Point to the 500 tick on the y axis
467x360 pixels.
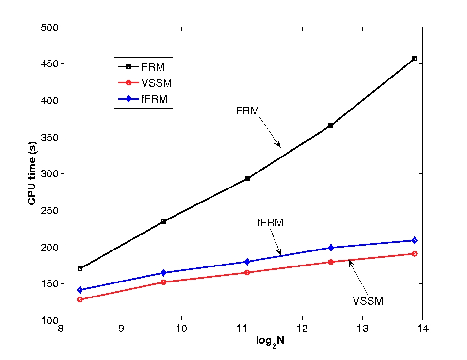(x=49, y=28)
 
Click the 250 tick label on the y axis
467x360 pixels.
(x=49, y=210)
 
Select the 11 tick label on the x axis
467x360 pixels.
(x=242, y=329)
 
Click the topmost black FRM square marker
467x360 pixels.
(x=415, y=59)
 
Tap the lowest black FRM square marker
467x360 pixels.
(x=80, y=269)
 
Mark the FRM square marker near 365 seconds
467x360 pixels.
(x=331, y=125)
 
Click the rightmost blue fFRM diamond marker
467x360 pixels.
(x=415, y=240)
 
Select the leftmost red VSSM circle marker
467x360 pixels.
(x=80, y=299)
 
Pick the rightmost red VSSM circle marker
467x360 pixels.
(x=415, y=254)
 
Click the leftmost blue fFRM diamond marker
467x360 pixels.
(x=80, y=290)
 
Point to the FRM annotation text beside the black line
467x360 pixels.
(x=248, y=111)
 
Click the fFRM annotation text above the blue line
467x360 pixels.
(x=270, y=223)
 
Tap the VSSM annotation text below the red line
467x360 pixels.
(x=368, y=301)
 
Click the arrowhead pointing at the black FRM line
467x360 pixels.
(x=279, y=145)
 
